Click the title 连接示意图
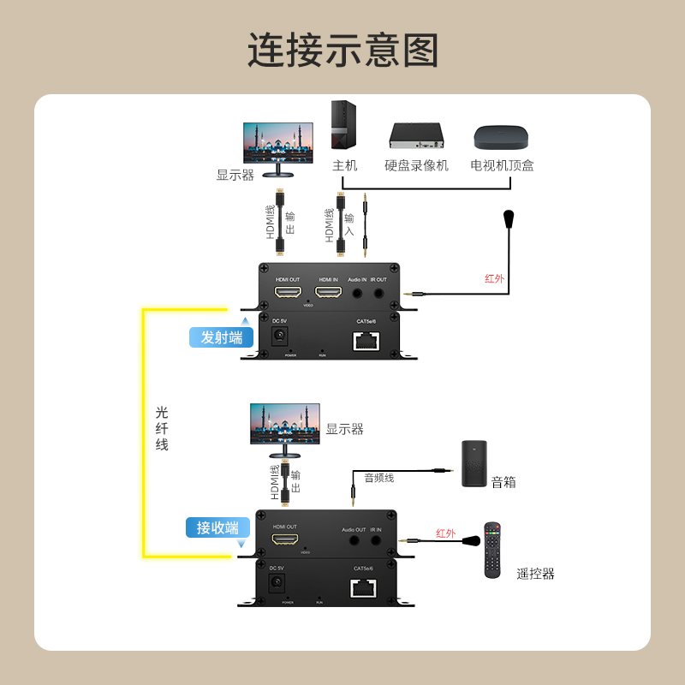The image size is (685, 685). [x=342, y=51]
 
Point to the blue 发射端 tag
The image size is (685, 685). [x=222, y=337]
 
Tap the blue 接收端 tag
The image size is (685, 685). [x=217, y=527]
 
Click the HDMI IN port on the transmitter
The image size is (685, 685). [x=329, y=293]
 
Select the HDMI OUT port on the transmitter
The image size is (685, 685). [x=287, y=293]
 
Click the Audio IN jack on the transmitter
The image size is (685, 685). [x=357, y=293]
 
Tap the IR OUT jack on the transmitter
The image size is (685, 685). [x=378, y=293]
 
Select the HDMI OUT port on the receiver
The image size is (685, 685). [x=285, y=539]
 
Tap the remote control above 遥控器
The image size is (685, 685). [x=491, y=550]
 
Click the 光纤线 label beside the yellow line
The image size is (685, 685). [x=162, y=428]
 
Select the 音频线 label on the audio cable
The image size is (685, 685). [x=378, y=478]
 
